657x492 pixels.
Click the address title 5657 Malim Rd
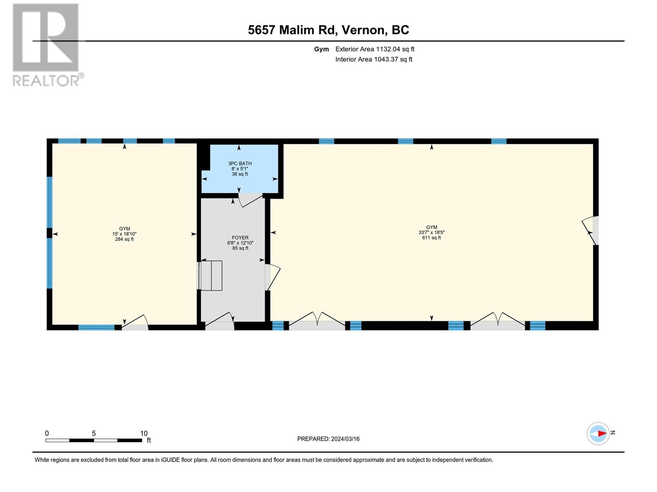(x=291, y=30)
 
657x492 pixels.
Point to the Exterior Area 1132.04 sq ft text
(x=375, y=49)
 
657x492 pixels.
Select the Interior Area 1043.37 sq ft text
(x=374, y=59)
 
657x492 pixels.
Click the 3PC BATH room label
(x=240, y=164)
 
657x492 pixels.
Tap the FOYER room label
(x=240, y=237)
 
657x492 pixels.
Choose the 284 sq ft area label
(x=124, y=239)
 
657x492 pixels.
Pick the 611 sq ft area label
(x=431, y=237)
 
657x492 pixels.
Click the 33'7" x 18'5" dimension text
(x=431, y=232)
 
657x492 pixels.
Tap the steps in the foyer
(x=210, y=276)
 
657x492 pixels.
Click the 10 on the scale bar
(x=144, y=433)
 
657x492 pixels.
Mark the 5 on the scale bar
(x=94, y=433)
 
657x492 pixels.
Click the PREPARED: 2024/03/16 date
(x=328, y=439)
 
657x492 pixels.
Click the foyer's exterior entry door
(x=219, y=321)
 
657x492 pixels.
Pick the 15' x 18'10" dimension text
(x=124, y=234)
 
